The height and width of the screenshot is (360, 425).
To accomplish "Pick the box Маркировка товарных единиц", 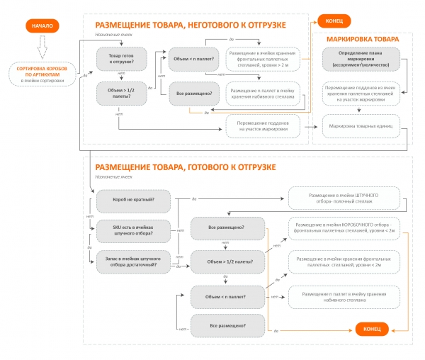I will (x=361, y=125).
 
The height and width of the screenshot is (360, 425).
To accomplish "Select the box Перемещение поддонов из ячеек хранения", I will (x=361, y=93).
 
